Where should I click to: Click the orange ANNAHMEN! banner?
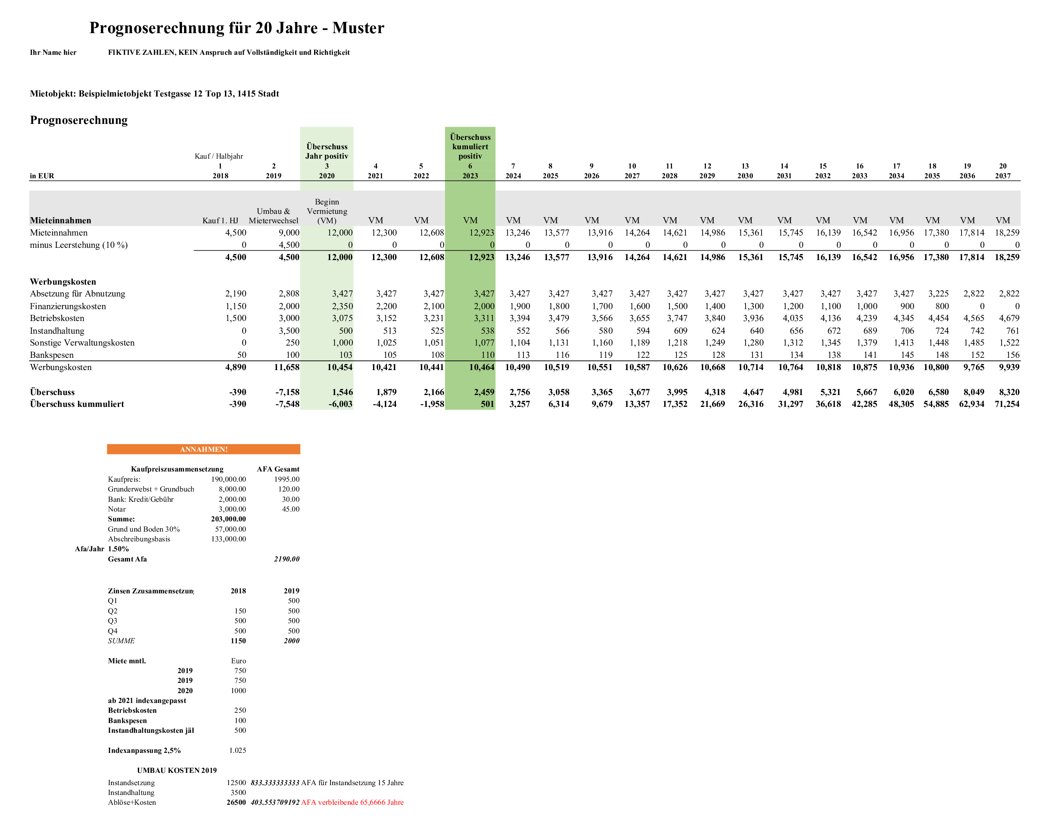pyautogui.click(x=203, y=449)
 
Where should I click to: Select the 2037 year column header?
pyautogui.click(x=1003, y=175)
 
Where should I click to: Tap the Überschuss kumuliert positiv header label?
pyautogui.click(x=470, y=146)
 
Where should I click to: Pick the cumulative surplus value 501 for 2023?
pyautogui.click(x=487, y=404)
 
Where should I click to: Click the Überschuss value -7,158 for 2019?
pyautogui.click(x=287, y=392)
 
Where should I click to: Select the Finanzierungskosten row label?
pyautogui.click(x=68, y=306)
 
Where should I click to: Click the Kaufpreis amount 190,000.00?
pyautogui.click(x=228, y=479)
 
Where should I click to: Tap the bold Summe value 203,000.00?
pyautogui.click(x=228, y=519)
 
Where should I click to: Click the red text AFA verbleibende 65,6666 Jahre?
pyautogui.click(x=352, y=802)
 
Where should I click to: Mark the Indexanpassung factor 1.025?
pyautogui.click(x=238, y=750)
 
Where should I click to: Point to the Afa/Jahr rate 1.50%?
pyautogui.click(x=119, y=549)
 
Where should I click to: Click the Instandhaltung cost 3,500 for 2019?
pyautogui.click(x=289, y=331)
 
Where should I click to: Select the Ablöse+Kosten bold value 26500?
pyautogui.click(x=236, y=802)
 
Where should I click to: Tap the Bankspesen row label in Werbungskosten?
pyautogui.click(x=52, y=355)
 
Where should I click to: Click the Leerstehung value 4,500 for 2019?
pyautogui.click(x=289, y=245)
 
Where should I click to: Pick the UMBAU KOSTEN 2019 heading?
pyautogui.click(x=177, y=770)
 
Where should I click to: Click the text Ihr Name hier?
pyautogui.click(x=53, y=53)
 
